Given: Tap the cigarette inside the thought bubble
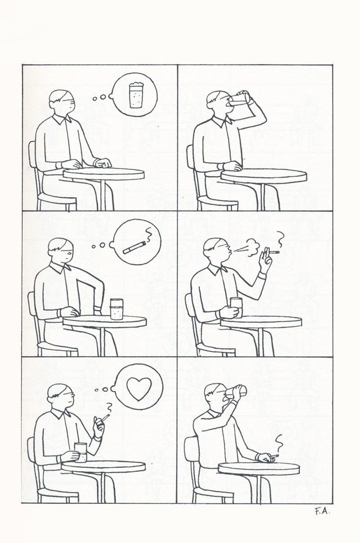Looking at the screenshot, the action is click(x=135, y=247).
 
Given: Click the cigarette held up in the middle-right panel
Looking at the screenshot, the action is click(x=274, y=253).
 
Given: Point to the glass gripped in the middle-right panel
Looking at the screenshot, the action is click(x=236, y=307).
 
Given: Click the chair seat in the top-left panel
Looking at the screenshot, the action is click(x=57, y=199).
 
